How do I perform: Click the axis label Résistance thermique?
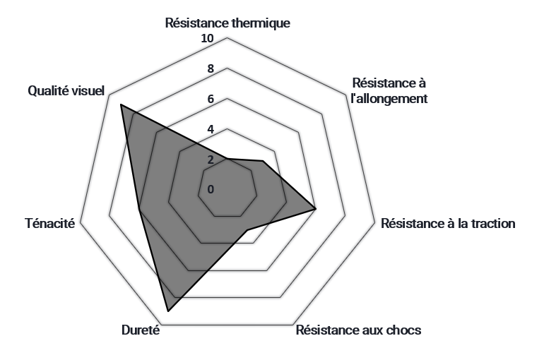pyautogui.click(x=227, y=23)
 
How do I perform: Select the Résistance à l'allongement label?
pyautogui.click(x=389, y=91)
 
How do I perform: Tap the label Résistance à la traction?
pyautogui.click(x=448, y=224)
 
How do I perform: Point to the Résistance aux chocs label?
pyautogui.click(x=358, y=330)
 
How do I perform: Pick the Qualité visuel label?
pyautogui.click(x=66, y=91)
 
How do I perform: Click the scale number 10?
pyautogui.click(x=207, y=39)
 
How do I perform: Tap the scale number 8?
pyautogui.click(x=210, y=69)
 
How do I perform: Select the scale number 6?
pyautogui.click(x=210, y=100)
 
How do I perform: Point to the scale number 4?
pyautogui.click(x=210, y=130)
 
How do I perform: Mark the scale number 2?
pyautogui.click(x=210, y=160)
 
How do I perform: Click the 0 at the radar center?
pyautogui.click(x=210, y=189)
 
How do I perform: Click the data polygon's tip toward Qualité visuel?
pyautogui.click(x=121, y=105)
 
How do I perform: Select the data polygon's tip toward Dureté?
pyautogui.click(x=168, y=311)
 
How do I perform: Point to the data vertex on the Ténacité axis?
pyautogui.click(x=138, y=209)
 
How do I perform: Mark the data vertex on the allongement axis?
pyautogui.click(x=263, y=162)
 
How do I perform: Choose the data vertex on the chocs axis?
pyautogui.click(x=247, y=230)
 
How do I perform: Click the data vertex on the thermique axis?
pyautogui.click(x=227, y=159)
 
